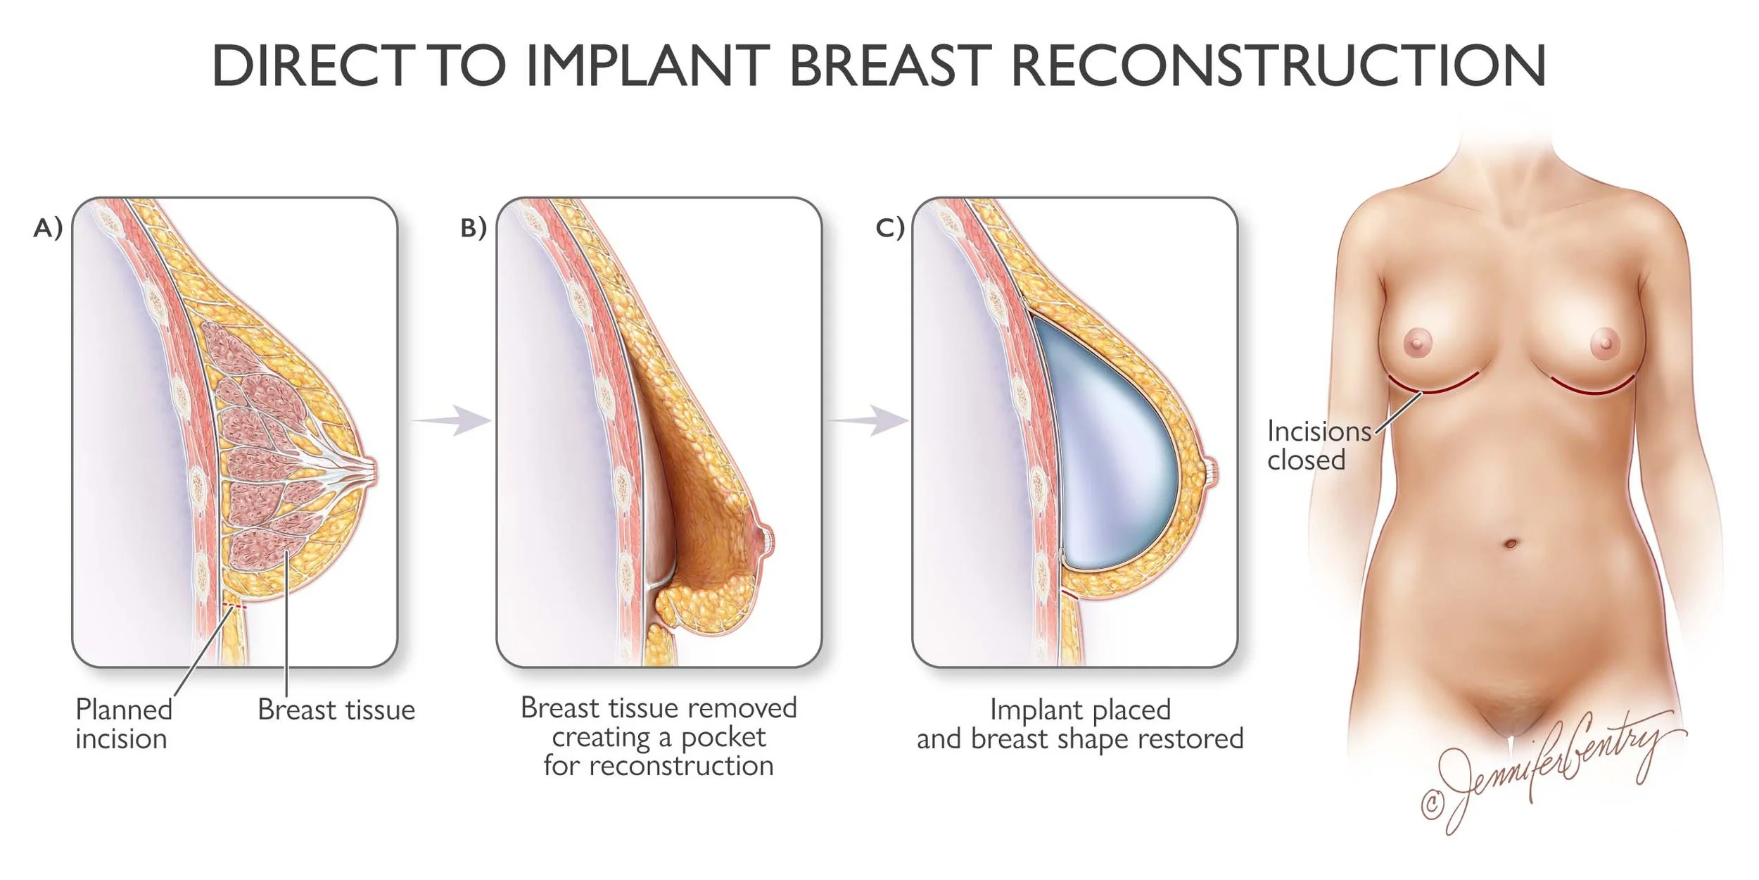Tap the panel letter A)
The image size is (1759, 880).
(48, 227)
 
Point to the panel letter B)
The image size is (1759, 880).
(474, 227)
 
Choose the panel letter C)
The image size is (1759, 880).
(889, 227)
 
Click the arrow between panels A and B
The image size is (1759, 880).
(454, 420)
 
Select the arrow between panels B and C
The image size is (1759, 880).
(870, 420)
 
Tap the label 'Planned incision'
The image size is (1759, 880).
(123, 724)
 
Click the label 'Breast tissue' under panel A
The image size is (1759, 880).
(336, 710)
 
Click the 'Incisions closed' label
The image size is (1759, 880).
(1318, 445)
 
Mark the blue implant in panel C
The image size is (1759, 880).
(1112, 451)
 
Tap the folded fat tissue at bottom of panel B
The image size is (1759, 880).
(704, 605)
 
